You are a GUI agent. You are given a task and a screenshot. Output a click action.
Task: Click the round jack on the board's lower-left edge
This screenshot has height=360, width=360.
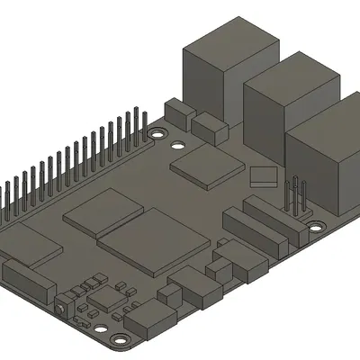click(x=60, y=307)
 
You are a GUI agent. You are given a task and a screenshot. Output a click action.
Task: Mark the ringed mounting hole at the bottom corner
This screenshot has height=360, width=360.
click(x=117, y=339)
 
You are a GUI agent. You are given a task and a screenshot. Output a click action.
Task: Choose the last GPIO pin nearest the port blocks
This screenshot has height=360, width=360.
click(x=141, y=121)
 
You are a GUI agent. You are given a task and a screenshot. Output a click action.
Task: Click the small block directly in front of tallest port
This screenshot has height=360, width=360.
click(x=211, y=127)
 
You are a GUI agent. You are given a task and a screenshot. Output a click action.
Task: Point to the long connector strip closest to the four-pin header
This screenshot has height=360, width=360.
click(x=269, y=220)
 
